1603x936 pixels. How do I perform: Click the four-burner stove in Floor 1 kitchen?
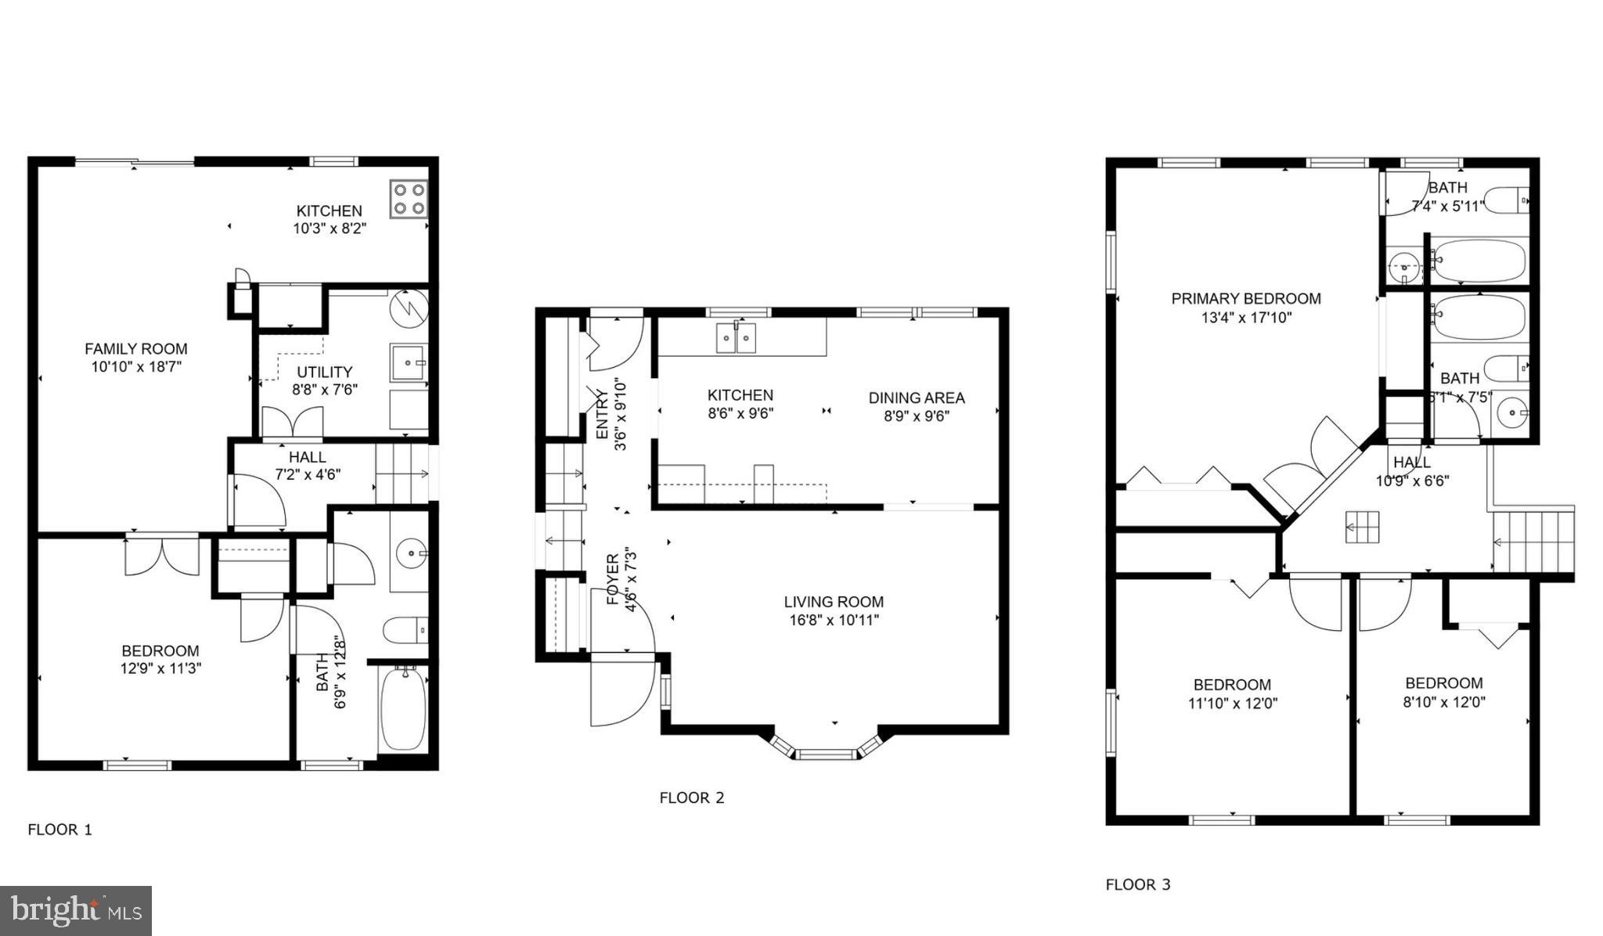[x=408, y=199]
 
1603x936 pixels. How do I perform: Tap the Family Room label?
[x=136, y=349]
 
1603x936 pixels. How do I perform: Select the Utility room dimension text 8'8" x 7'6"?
[x=325, y=389]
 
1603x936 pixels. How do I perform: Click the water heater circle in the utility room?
[x=409, y=308]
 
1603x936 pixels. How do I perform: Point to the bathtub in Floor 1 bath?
[x=404, y=707]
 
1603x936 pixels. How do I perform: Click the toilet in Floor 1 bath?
[x=405, y=630]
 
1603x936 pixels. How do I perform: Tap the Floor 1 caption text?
[x=60, y=830]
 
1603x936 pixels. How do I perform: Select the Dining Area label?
[x=917, y=398]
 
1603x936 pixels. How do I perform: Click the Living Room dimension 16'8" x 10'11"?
[x=834, y=621]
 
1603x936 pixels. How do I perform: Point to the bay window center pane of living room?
[x=827, y=754]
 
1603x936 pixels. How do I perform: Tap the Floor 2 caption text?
[x=692, y=798]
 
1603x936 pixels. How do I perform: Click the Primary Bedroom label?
[x=1246, y=299]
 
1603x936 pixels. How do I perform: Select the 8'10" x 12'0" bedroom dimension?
[x=1444, y=702]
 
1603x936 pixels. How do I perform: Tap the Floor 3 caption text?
[x=1138, y=885]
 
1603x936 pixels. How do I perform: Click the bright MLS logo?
[x=76, y=911]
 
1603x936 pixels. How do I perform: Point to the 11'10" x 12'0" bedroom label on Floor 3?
[x=1232, y=685]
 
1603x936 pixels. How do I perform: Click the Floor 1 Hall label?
[x=308, y=457]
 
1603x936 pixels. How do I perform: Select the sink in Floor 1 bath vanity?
[x=410, y=554]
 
